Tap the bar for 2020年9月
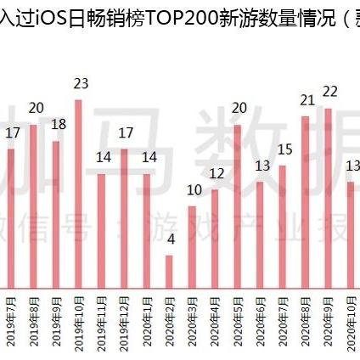point(328,196)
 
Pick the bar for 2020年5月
point(237,205)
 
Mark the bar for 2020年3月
point(192,245)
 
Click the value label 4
point(171,239)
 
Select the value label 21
point(307,99)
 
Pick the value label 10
point(194,189)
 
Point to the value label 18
point(59,124)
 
